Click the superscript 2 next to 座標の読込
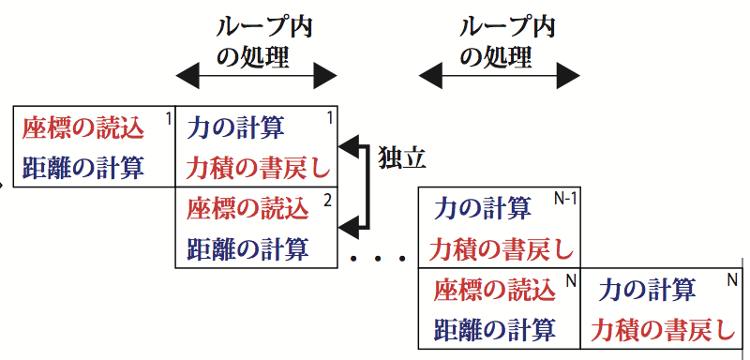(x=327, y=200)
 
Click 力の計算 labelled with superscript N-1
(x=484, y=209)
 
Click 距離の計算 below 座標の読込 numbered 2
(x=247, y=249)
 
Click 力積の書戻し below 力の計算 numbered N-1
(x=501, y=249)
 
